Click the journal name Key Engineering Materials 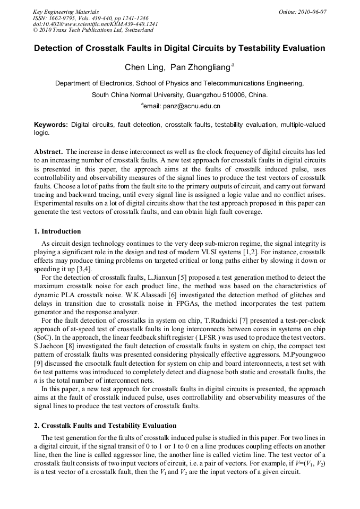click(66, 12)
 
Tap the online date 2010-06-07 click(310, 12)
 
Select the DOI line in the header click(96, 24)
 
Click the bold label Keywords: click(51, 125)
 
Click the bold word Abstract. click(48, 152)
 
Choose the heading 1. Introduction click(58, 231)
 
